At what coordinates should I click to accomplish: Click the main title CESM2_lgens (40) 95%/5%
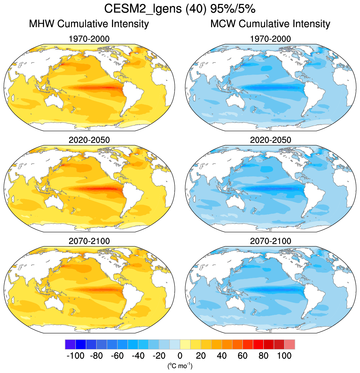pos(180,9)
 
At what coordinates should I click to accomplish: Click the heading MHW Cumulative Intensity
pos(89,24)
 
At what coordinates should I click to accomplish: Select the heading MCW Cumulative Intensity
pos(270,24)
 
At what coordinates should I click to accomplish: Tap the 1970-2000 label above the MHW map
pos(89,39)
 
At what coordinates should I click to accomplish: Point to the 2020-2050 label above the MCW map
pos(270,140)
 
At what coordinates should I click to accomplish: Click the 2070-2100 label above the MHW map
pos(89,241)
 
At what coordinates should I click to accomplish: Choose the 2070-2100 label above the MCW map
pos(270,241)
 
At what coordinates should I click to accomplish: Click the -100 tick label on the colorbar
pos(75,356)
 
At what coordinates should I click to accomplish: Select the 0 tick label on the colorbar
pos(180,356)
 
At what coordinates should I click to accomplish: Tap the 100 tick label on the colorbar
pos(284,356)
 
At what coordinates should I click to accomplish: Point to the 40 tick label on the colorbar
pos(222,356)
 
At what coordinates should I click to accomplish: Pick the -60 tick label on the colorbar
pos(117,356)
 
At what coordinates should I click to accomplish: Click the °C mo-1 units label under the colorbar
pos(180,365)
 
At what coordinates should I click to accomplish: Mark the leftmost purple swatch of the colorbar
pos(70,345)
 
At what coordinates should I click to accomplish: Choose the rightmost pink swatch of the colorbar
pos(290,345)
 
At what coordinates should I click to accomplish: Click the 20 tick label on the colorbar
pos(201,356)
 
